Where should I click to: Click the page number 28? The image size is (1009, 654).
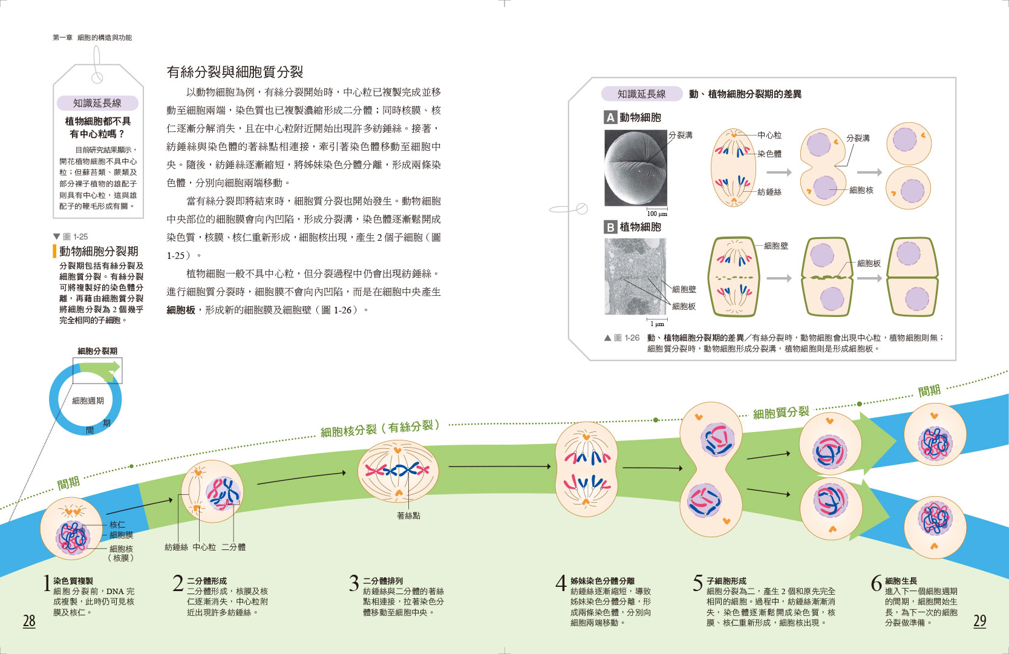(29, 621)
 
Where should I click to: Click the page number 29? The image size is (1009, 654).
(980, 621)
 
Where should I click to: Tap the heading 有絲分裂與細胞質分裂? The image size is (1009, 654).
(235, 73)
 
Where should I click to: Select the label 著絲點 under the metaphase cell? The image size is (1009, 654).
(408, 515)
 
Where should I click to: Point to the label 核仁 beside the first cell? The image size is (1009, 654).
(117, 525)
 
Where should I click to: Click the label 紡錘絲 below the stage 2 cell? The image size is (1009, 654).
(176, 547)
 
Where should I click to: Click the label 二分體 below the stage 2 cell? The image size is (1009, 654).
(233, 547)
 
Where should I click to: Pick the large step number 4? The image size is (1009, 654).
(561, 583)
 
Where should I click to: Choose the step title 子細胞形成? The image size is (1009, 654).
(726, 581)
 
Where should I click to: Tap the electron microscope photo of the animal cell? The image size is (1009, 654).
(635, 168)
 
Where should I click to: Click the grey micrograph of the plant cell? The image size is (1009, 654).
(635, 276)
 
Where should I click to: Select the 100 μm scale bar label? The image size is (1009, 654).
(657, 214)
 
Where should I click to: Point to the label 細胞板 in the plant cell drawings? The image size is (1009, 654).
(869, 263)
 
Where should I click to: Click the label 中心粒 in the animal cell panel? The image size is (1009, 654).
(769, 135)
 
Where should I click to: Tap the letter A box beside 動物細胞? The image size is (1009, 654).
(610, 117)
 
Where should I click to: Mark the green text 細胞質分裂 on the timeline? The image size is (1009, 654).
(780, 413)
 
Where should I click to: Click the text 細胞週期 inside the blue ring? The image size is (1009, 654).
(88, 401)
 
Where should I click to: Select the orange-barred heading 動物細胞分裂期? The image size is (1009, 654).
(99, 251)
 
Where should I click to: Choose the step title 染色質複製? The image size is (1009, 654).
(73, 581)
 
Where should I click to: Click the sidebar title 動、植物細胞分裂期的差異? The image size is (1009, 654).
(745, 94)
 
